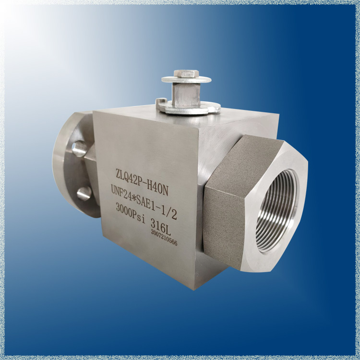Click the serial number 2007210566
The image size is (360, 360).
tap(164, 237)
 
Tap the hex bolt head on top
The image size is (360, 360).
tap(186, 74)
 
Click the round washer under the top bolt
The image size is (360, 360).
tap(186, 80)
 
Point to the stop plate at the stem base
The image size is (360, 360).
tap(188, 108)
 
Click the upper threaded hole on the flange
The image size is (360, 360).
tap(79, 148)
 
